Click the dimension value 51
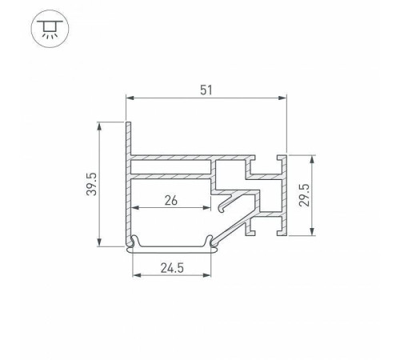(207, 90)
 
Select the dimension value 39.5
(93, 185)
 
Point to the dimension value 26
(170, 201)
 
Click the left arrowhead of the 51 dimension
(130, 98)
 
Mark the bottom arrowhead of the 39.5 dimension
(99, 243)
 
